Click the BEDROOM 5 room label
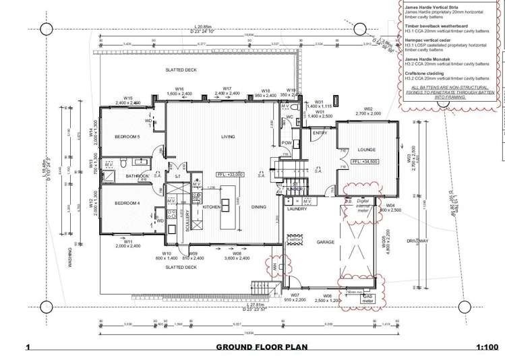tap(127, 138)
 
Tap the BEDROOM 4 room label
tap(126, 203)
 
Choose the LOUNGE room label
tap(366, 149)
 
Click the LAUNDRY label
tap(297, 209)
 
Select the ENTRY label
tap(319, 133)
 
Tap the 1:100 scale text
tap(486, 348)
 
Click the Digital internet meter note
tap(363, 205)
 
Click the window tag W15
tap(127, 98)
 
